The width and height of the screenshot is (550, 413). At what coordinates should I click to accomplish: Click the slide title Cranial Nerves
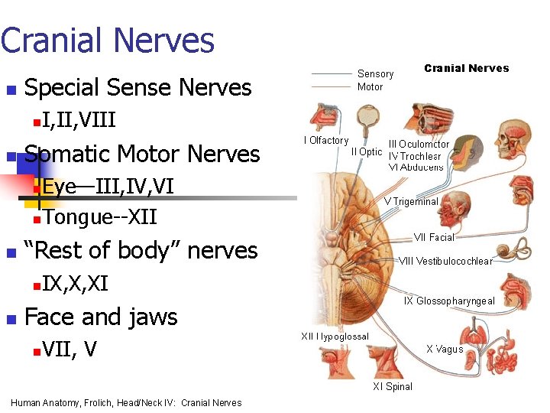(x=107, y=41)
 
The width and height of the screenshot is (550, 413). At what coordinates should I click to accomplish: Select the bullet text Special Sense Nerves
(x=138, y=88)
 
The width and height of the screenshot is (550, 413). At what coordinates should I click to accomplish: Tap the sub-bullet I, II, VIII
(x=79, y=119)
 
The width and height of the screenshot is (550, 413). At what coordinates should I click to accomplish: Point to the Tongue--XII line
(x=100, y=217)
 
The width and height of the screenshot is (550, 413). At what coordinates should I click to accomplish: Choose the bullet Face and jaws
(x=101, y=317)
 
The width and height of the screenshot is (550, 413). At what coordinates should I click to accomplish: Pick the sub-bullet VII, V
(x=70, y=350)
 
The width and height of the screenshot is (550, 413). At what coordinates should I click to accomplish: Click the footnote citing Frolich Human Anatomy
(x=126, y=403)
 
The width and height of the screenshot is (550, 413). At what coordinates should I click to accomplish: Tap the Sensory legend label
(x=375, y=74)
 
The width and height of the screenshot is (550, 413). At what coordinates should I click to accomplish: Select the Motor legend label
(x=370, y=86)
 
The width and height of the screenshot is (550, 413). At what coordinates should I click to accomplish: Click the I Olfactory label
(x=325, y=141)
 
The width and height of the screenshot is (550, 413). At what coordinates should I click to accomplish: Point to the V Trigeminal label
(x=411, y=202)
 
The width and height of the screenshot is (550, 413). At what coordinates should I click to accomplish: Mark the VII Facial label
(x=434, y=237)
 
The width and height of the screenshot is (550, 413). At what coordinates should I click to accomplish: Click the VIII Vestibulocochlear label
(x=446, y=261)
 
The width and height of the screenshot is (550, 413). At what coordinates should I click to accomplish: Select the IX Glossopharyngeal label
(x=449, y=301)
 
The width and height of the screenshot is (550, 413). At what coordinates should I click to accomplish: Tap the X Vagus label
(x=445, y=349)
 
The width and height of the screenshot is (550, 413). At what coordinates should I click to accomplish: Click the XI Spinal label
(x=393, y=386)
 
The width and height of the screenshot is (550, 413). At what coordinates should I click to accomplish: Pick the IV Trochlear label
(x=416, y=156)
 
